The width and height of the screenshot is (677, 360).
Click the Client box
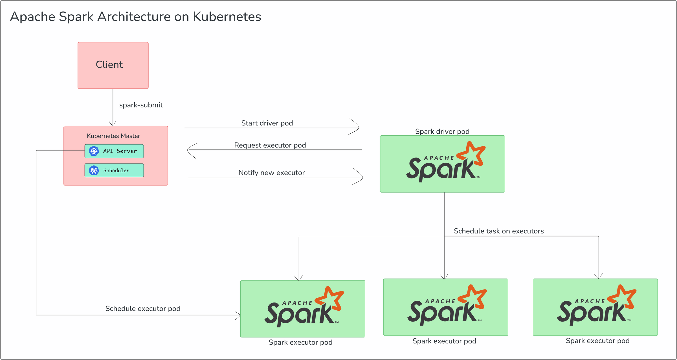[113, 65]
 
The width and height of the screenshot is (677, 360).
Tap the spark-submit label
[141, 105]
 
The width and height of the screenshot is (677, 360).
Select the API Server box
[114, 151]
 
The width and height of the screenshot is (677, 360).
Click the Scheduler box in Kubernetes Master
[114, 170]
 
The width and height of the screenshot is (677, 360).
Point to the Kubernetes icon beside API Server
[94, 151]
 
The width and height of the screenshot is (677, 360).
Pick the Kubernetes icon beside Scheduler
[94, 170]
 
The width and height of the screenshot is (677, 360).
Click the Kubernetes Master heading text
[113, 136]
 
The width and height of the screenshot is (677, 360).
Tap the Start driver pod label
[267, 123]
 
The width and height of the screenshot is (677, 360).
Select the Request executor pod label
[270, 145]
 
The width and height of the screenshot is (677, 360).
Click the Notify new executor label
[271, 173]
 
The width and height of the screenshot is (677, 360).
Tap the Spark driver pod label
[442, 131]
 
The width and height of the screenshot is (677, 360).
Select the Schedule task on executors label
[498, 231]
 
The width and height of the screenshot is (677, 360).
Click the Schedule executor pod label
[143, 309]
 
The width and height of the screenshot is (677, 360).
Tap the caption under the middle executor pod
[444, 341]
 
